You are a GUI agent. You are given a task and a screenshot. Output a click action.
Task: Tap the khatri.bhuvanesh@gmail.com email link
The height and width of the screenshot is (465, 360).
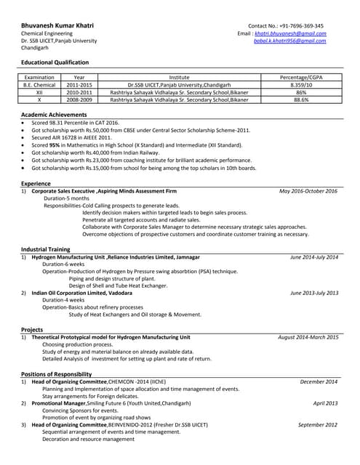(290, 33)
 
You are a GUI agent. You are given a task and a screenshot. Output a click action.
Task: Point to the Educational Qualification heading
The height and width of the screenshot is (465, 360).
(55, 62)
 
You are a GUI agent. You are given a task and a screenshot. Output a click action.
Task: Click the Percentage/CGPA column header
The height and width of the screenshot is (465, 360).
(301, 77)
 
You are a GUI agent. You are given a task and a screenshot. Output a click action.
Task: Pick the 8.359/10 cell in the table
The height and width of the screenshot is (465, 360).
(301, 84)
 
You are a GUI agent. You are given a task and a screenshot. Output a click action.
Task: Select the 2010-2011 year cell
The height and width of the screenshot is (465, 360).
(79, 92)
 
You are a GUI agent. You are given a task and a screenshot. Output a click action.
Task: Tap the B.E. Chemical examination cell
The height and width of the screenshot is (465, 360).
(40, 84)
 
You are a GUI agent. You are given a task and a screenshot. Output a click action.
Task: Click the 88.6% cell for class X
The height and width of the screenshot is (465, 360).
(301, 100)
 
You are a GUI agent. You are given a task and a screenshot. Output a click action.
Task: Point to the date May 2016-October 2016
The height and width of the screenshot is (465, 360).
(308, 191)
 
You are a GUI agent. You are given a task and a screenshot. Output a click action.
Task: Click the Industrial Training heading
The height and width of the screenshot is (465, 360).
(45, 249)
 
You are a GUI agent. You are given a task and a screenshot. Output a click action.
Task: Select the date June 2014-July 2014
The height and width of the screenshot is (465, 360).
(314, 257)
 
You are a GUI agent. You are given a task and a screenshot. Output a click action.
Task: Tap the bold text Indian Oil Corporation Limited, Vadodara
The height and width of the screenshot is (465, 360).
(82, 293)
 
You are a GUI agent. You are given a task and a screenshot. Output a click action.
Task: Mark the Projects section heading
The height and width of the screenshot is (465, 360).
(33, 329)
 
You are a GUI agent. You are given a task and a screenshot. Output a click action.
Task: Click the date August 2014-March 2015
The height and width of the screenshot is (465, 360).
(308, 337)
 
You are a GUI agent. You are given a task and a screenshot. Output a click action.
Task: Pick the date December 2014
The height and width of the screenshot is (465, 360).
(319, 381)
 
